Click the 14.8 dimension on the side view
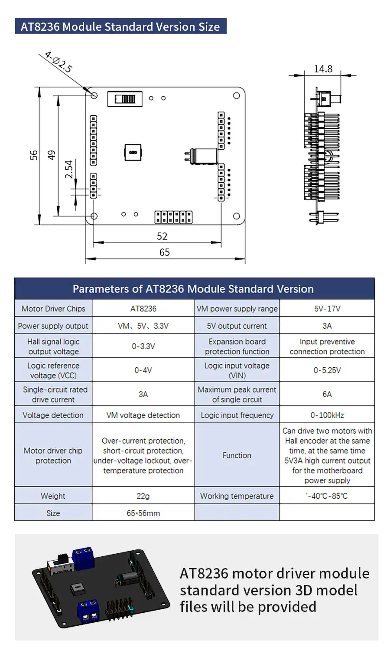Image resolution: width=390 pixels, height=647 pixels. tap(323, 69)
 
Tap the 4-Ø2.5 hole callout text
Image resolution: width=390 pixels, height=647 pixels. tap(58, 62)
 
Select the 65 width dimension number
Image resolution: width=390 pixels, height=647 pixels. tap(165, 252)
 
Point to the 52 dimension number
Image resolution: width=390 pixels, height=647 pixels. tap(162, 236)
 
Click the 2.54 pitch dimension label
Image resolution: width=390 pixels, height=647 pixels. tap(69, 169)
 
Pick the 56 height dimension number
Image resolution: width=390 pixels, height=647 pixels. tap(34, 155)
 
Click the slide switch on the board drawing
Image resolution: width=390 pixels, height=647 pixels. tap(125, 99)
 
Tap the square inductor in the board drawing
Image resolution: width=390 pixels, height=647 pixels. tap(133, 152)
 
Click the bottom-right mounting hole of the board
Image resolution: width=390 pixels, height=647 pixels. tap(237, 216)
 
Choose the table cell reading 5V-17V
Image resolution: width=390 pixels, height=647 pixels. tap(327, 309)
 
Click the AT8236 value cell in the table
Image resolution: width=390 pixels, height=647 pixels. tap(143, 309)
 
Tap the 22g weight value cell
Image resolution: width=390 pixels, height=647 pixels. tap(143, 496)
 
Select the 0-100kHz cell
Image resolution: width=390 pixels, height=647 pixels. tap(327, 415)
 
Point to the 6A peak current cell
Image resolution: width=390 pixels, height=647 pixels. tap(327, 394)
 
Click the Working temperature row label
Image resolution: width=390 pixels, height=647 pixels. tap(237, 496)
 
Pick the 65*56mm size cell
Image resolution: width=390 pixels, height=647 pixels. tap(143, 513)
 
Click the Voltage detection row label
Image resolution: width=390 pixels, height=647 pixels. tap(53, 415)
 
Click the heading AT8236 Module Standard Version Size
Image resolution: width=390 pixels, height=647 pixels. tap(120, 26)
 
